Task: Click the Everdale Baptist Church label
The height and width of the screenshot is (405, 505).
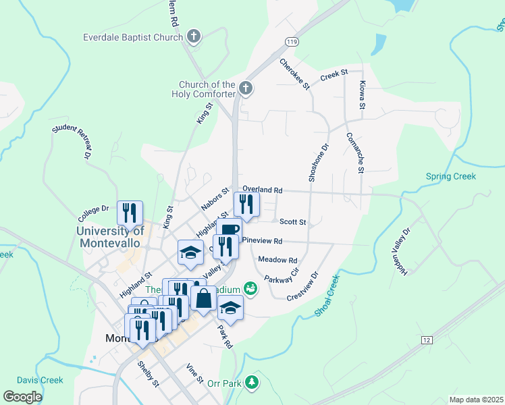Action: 133,37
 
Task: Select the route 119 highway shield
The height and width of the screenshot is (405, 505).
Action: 291,42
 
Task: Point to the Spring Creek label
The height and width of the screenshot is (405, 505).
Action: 451,177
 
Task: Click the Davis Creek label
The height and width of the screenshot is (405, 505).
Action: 40,381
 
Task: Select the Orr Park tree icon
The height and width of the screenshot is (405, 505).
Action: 252,383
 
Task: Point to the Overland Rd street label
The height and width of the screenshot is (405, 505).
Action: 263,191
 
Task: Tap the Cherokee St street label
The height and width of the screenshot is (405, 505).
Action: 294,74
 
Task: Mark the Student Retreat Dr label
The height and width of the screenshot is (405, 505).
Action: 71,141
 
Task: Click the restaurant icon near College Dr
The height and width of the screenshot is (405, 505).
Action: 128,213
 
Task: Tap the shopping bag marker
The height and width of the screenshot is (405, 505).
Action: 203,298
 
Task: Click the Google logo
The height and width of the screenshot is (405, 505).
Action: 24,397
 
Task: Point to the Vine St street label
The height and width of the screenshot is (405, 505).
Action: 194,374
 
